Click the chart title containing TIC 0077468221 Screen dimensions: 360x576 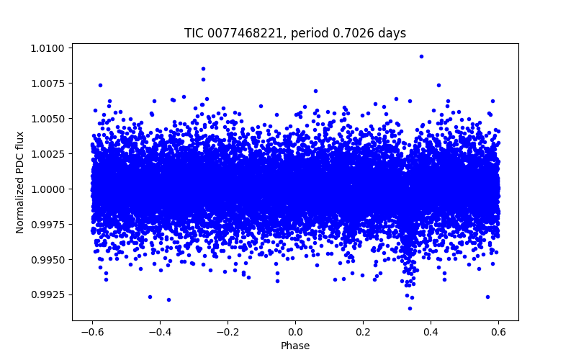point(295,33)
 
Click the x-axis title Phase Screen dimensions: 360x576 point(295,346)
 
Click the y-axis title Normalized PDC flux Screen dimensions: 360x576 point(20,182)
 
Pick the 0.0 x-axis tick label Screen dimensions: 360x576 point(295,331)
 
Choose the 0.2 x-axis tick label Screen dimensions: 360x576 point(363,331)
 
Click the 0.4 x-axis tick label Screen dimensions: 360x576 point(431,331)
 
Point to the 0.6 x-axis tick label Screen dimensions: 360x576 point(498,331)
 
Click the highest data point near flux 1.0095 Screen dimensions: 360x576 point(421,56)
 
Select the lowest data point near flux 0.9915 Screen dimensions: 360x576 point(410,308)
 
